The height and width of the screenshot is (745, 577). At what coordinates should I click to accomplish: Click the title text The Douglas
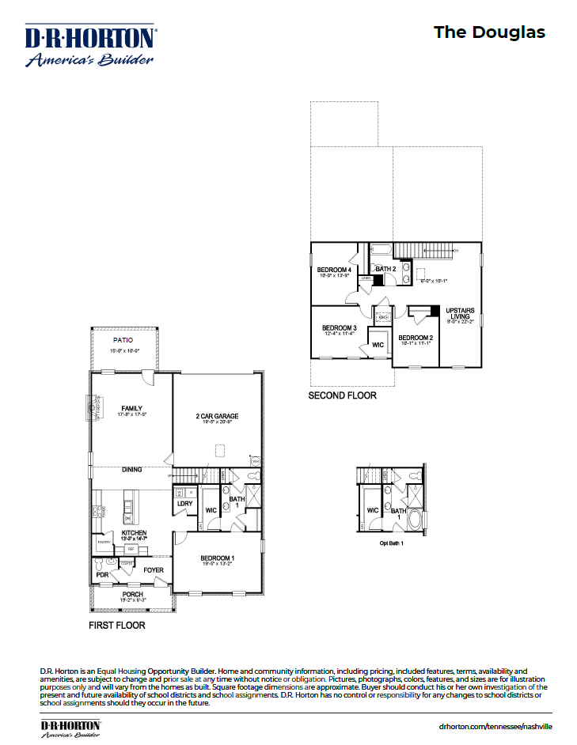[489, 32]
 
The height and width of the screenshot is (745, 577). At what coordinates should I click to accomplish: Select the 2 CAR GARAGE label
[217, 416]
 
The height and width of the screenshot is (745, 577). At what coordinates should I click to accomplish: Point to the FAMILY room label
[131, 408]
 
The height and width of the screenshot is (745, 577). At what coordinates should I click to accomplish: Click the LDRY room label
[184, 503]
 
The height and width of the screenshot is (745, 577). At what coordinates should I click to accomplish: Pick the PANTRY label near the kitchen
[103, 543]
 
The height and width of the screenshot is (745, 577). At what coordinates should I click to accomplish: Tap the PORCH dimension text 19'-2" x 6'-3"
[132, 601]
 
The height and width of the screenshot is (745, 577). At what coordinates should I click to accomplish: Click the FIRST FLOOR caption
[116, 625]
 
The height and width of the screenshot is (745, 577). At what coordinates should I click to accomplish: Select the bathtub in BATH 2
[382, 251]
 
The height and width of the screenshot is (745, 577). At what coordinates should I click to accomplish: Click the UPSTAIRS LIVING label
[461, 313]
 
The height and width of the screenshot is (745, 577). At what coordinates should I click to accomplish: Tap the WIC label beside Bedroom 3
[378, 345]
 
